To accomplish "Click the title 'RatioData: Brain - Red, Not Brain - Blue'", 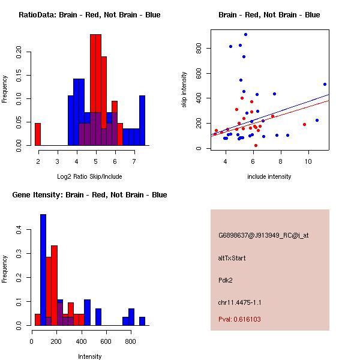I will click(x=89, y=15).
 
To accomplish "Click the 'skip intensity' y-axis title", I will click(x=185, y=90).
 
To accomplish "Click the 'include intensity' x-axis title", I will click(x=269, y=176).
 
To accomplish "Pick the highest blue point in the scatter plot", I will click(x=245, y=34).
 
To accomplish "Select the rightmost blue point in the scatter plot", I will click(x=325, y=84).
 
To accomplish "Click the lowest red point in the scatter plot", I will click(x=256, y=145).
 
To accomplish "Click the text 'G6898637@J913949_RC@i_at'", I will click(x=263, y=236).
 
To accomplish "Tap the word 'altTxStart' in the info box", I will click(x=232, y=258).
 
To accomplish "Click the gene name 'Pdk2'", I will click(x=226, y=280).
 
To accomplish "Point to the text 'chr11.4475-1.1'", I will click(x=239, y=302).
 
